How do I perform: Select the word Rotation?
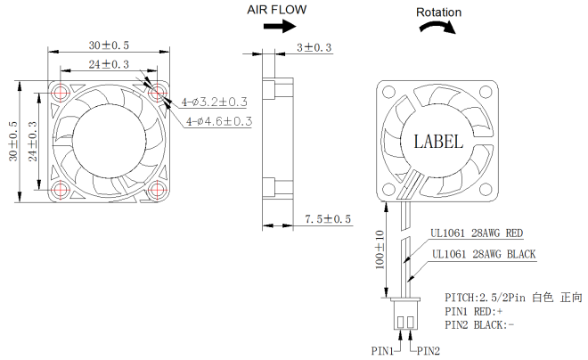click(x=439, y=12)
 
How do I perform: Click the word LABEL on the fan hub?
click(x=438, y=141)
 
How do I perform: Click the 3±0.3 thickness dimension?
click(x=313, y=47)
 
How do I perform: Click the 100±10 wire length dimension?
click(x=379, y=252)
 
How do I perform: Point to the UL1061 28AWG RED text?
click(x=477, y=234)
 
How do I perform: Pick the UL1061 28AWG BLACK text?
click(x=484, y=255)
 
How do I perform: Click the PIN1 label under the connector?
click(x=383, y=351)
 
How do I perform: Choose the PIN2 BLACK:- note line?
click(x=479, y=325)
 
